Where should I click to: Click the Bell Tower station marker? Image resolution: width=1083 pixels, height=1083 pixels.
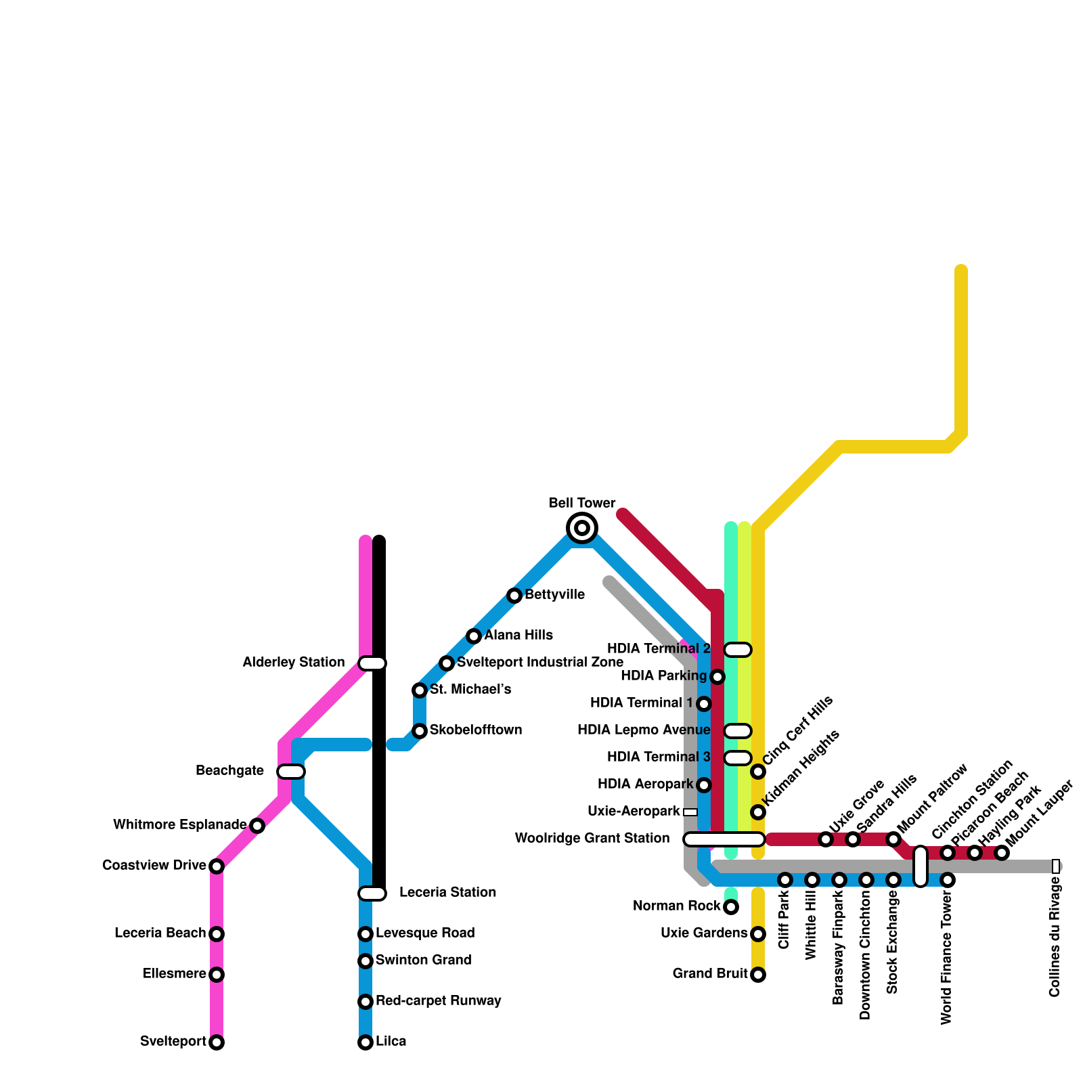[x=582, y=527]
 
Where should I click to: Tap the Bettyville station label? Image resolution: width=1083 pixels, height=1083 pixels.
[x=554, y=595]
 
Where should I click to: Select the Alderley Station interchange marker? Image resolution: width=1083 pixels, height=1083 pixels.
[x=372, y=663]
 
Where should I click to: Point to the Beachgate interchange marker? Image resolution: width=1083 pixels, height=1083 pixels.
[x=291, y=772]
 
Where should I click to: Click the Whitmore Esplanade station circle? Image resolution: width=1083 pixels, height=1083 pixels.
[x=257, y=825]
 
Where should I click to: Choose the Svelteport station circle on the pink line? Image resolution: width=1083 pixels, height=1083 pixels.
[x=217, y=1042]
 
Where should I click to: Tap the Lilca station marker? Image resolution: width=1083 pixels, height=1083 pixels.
[x=366, y=1042]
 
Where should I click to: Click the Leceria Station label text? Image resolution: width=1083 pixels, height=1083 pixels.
[x=447, y=893]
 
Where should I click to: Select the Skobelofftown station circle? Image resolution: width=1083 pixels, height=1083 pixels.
[x=420, y=731]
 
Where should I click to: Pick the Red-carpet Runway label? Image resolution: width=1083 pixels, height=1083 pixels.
[x=438, y=1001]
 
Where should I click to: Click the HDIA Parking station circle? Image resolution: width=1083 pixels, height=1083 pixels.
[x=717, y=677]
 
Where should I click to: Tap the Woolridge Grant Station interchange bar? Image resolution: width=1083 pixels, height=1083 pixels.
[x=724, y=839]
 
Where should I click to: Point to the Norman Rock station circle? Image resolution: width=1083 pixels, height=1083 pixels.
[x=731, y=907]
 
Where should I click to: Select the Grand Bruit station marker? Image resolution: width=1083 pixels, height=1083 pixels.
[x=758, y=975]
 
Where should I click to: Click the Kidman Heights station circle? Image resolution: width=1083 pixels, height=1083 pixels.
[x=758, y=812]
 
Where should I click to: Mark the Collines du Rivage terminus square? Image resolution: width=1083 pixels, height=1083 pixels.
[x=1056, y=866]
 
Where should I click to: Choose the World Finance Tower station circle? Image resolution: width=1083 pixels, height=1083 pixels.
[x=948, y=880]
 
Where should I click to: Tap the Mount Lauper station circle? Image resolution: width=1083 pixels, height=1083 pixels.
[x=1002, y=853]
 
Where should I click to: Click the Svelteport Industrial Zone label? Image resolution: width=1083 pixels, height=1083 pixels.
[x=539, y=663]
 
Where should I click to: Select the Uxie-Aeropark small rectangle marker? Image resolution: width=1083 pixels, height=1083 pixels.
[x=690, y=812]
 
